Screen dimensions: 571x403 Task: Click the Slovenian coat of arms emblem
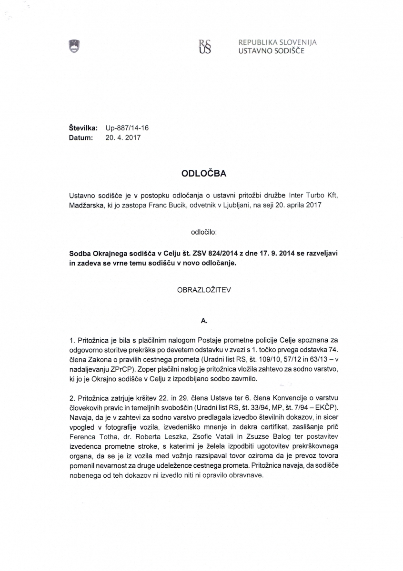74,46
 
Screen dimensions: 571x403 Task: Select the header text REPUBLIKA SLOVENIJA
278,42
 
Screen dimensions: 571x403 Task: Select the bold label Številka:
84,128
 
